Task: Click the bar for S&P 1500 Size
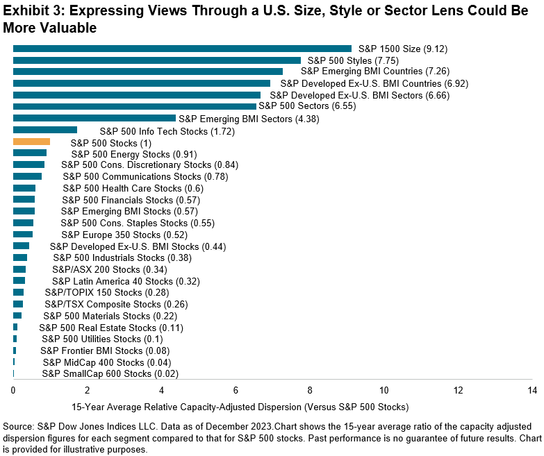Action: pos(182,49)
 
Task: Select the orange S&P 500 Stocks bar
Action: pos(31,142)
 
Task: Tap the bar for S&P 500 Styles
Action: pos(156,60)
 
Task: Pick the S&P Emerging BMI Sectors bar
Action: pos(94,118)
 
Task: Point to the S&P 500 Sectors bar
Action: pos(134,106)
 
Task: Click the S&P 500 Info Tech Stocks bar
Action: pos(44,130)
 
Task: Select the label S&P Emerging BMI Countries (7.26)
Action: pos(370,71)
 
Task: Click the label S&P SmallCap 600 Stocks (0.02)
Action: pos(110,374)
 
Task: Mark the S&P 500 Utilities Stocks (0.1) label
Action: pos(102,339)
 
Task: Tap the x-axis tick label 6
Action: pos(236,390)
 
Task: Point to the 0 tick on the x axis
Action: pos(13,390)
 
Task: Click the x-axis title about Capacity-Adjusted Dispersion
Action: pos(240,406)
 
